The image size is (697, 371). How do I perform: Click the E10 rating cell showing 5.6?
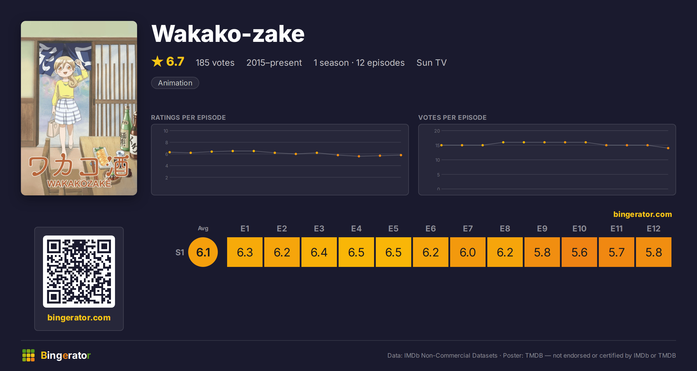[579, 252]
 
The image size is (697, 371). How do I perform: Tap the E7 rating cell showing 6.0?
[468, 252]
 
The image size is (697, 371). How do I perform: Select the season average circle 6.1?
[203, 252]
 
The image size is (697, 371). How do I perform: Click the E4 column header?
[356, 229]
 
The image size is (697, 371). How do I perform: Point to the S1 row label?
[180, 252]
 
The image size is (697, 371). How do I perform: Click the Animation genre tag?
[175, 83]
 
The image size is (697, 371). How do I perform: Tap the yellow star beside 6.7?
[157, 61]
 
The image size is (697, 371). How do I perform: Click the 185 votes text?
[215, 63]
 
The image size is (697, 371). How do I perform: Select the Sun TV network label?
[432, 63]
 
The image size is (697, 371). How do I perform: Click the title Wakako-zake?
[228, 34]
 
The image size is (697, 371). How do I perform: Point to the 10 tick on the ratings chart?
[166, 131]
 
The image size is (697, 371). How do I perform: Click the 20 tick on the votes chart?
[437, 131]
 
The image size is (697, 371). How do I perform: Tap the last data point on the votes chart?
[668, 148]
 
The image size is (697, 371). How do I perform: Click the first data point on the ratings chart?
[170, 152]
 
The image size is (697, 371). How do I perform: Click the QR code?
[79, 272]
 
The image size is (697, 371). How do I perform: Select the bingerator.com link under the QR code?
[79, 318]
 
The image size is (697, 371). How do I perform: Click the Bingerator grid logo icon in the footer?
[28, 355]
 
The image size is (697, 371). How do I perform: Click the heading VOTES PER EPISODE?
[452, 117]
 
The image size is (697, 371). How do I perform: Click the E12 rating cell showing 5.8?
[654, 252]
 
